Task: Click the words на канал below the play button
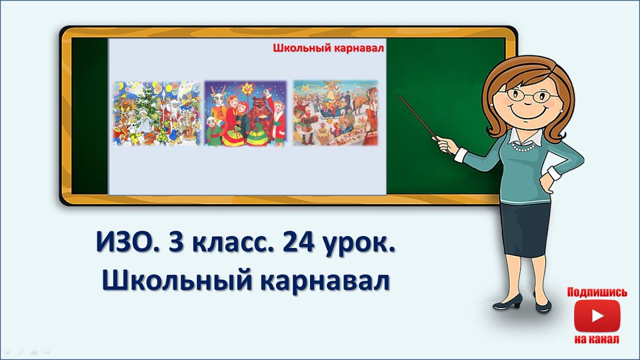597,339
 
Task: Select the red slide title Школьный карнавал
327,48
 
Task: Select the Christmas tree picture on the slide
156,113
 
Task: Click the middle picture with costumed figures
245,113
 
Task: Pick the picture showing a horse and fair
335,113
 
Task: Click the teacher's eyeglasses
526,94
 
